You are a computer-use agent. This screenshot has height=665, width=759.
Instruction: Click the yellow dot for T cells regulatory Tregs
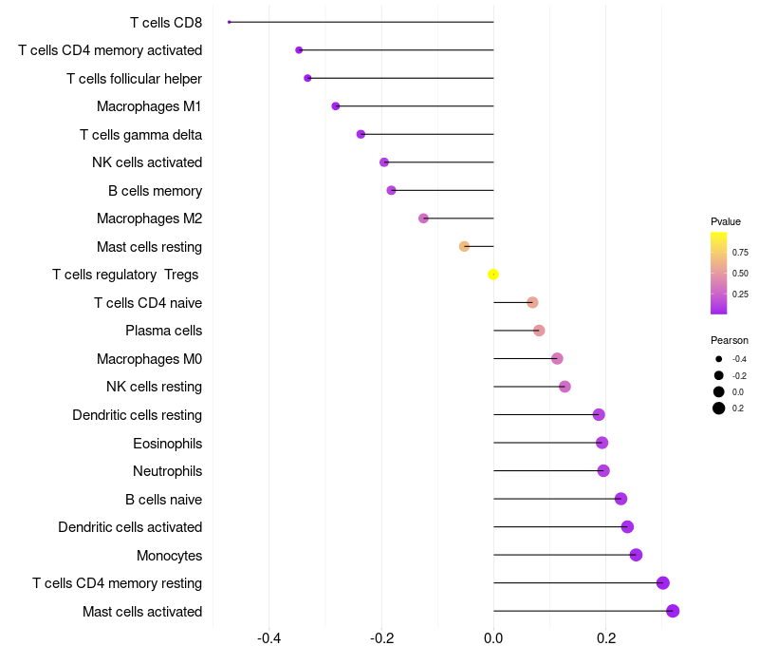point(492,275)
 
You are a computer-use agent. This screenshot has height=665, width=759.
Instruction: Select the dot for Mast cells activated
point(673,611)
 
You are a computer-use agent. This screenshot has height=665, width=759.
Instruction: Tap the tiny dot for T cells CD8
point(229,22)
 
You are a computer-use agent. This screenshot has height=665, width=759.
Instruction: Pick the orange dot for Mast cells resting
point(464,247)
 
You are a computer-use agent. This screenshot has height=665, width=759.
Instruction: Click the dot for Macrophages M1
point(336,106)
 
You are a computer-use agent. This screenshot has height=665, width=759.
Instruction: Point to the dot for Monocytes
point(636,555)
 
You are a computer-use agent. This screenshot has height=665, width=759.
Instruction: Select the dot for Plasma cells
point(539,331)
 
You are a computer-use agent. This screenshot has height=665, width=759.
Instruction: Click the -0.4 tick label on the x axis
point(269,637)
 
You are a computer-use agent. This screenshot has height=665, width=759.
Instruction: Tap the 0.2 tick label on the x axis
point(606,637)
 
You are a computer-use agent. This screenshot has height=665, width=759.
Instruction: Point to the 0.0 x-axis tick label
point(493,637)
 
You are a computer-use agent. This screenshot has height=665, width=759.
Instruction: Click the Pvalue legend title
point(726,221)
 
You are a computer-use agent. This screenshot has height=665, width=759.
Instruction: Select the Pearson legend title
point(730,340)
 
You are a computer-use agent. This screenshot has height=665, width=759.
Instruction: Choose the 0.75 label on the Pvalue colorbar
point(740,253)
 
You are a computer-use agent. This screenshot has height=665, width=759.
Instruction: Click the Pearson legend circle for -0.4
point(719,359)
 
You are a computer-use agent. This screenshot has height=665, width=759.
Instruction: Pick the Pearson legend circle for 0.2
point(719,408)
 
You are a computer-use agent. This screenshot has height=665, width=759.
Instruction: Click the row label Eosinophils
point(168,444)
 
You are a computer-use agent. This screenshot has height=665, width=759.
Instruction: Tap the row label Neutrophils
point(168,471)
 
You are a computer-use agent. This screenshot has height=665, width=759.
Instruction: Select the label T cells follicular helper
point(134,79)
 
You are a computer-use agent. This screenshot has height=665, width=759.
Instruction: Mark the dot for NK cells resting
point(565,387)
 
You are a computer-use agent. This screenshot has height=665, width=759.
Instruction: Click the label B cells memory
point(155,191)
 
